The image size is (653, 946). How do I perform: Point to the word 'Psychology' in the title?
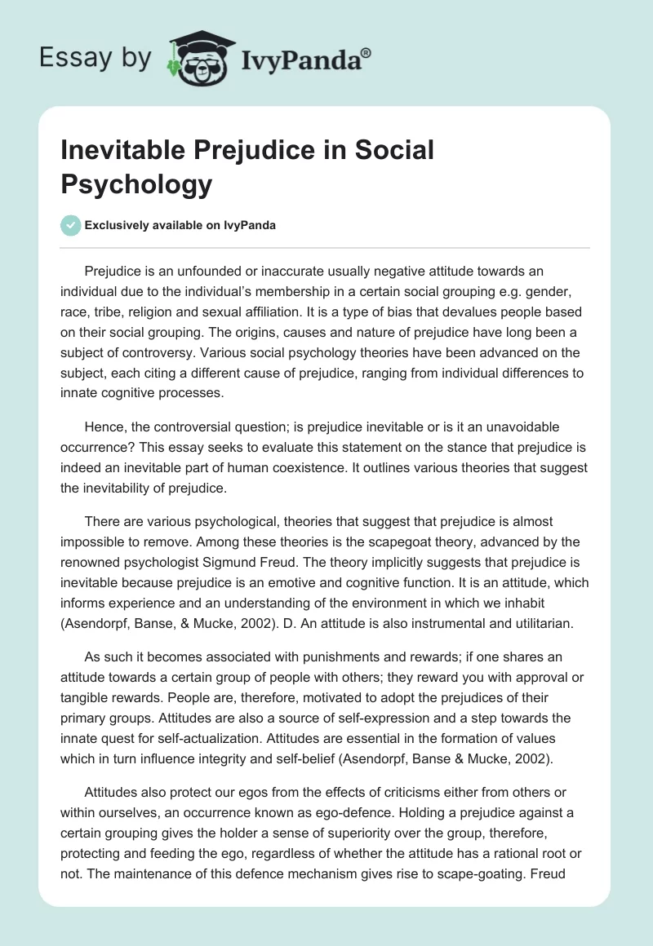click(136, 184)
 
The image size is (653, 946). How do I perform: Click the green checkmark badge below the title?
click(69, 225)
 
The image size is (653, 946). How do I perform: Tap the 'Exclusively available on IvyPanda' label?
click(180, 225)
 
